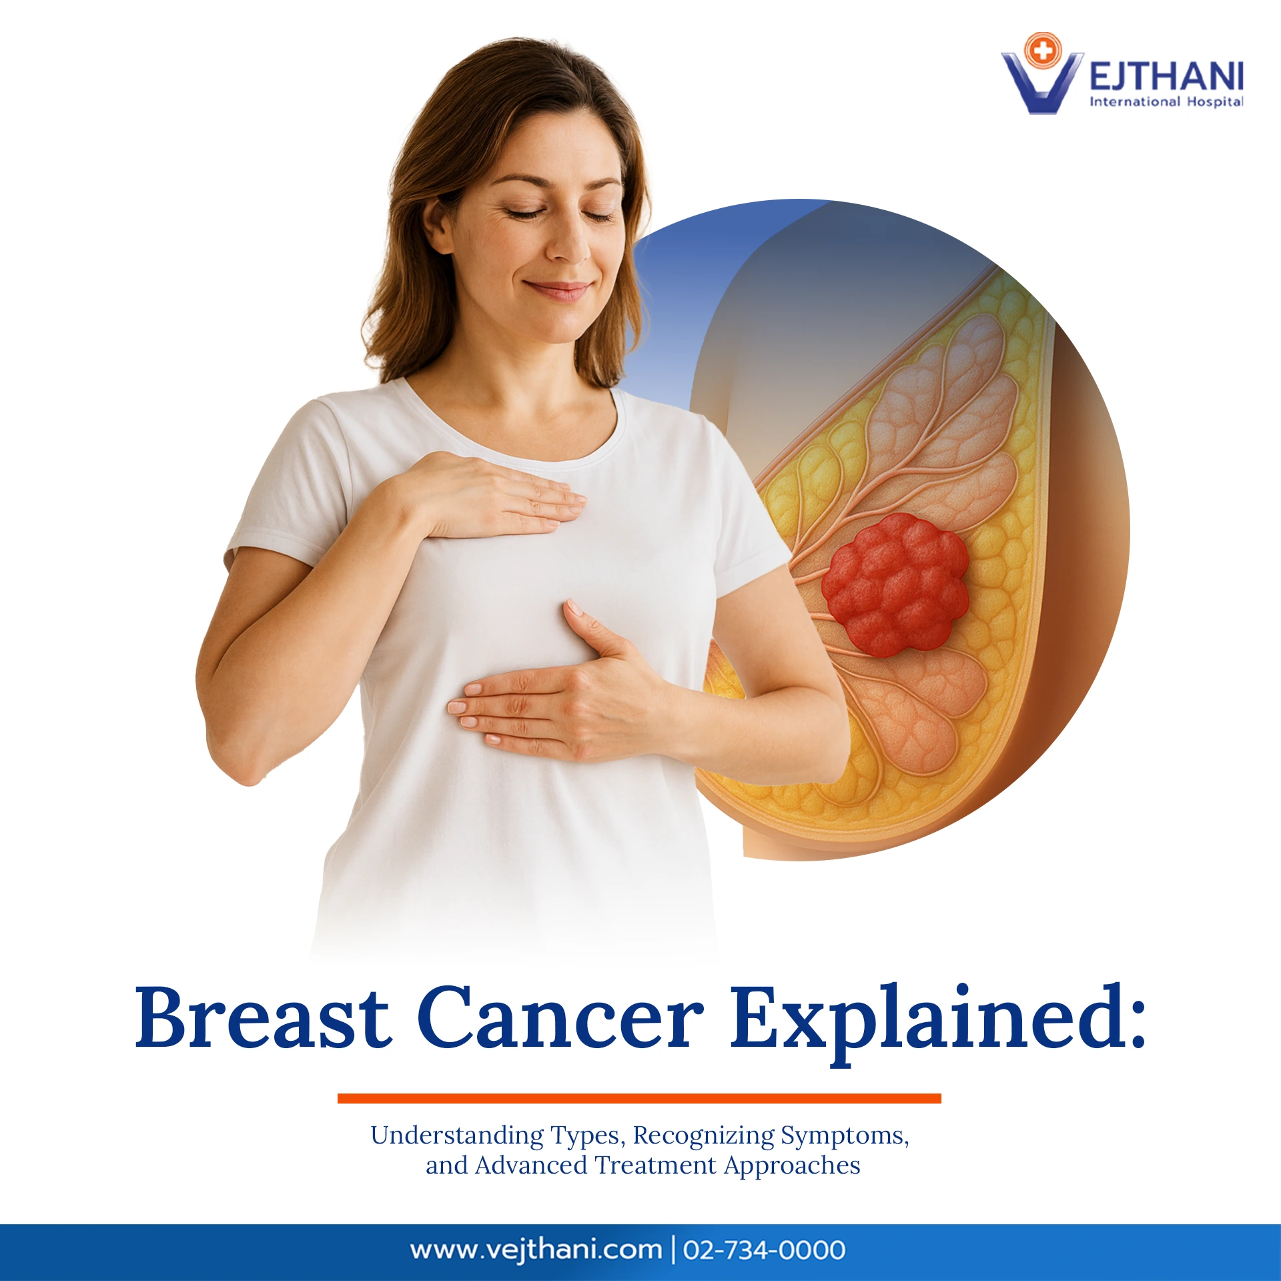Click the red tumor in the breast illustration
(894, 584)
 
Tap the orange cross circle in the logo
(1042, 50)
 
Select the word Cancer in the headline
(560, 1018)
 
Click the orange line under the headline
(639, 1098)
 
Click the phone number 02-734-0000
(764, 1249)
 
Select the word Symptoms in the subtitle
(844, 1136)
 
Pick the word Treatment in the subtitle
(655, 1166)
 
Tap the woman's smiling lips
(557, 290)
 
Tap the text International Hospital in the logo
(1166, 101)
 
